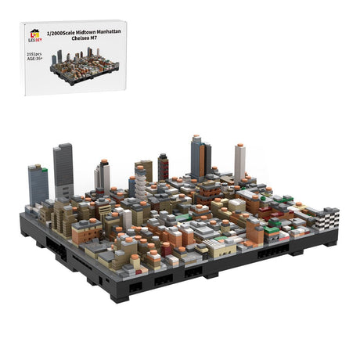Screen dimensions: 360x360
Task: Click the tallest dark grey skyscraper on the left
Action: coord(63,171)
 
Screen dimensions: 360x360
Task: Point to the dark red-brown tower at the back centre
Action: coord(163,167)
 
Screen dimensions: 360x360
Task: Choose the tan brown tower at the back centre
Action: coord(146,170)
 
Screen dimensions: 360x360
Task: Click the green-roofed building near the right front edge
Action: coord(272,232)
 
